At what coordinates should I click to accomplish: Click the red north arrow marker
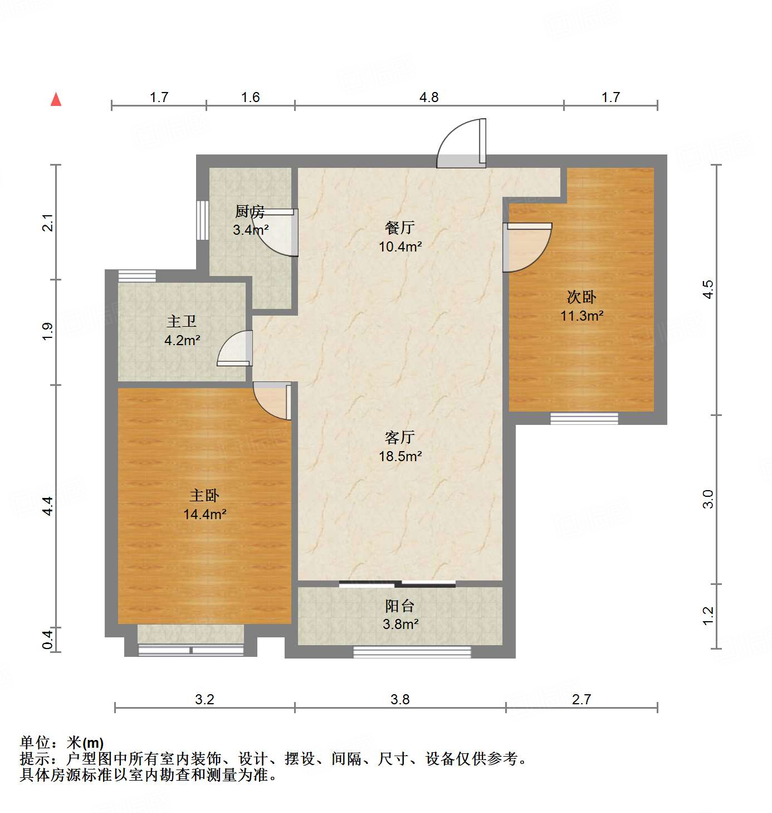click(x=56, y=99)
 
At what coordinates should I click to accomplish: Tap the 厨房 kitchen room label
click(x=250, y=212)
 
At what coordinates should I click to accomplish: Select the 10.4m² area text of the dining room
click(x=400, y=246)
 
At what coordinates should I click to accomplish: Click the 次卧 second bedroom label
click(x=582, y=297)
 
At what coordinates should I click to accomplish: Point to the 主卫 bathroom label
click(x=182, y=322)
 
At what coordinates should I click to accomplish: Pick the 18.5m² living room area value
click(x=400, y=456)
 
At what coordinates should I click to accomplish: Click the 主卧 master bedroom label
click(x=204, y=496)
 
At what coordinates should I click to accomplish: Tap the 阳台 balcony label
click(x=399, y=606)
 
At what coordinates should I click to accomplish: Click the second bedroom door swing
click(x=526, y=247)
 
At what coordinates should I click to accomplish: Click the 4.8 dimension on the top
click(x=429, y=98)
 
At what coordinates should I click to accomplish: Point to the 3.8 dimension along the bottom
click(x=400, y=699)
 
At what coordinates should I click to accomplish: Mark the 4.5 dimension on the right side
click(x=707, y=289)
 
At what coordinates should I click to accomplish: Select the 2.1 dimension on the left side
click(x=48, y=222)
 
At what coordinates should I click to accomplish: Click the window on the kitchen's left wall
click(x=203, y=220)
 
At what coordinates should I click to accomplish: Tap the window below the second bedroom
click(x=584, y=418)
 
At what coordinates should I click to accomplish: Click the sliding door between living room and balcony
click(x=397, y=584)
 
